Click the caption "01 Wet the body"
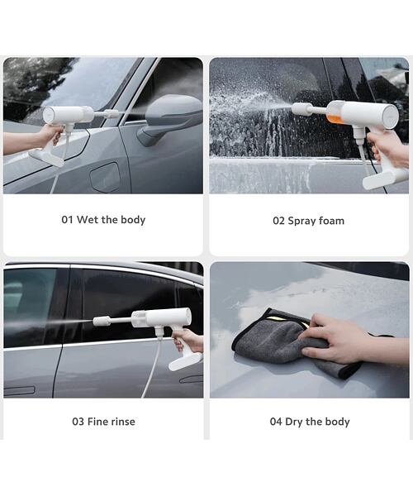(103, 220)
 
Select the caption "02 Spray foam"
(308, 221)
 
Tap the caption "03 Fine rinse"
(103, 422)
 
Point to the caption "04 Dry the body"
(309, 422)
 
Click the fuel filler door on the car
(105, 176)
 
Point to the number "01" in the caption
(68, 220)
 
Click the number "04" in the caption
(276, 422)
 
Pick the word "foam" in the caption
(330, 221)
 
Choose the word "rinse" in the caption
(121, 422)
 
